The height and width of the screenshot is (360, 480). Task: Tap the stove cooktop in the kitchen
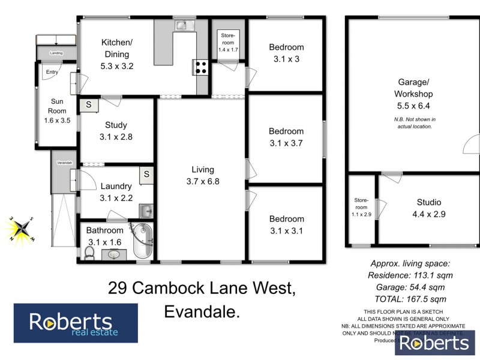click(200, 67)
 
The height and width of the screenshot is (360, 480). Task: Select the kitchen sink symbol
click(182, 26)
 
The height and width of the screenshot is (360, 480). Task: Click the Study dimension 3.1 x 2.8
click(116, 136)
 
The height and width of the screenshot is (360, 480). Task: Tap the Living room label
click(199, 170)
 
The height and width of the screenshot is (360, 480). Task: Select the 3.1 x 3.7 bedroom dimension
click(286, 143)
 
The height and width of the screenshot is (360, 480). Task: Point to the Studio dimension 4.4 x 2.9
click(428, 214)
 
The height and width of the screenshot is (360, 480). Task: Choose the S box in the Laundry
click(146, 175)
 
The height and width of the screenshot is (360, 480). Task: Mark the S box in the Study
click(89, 105)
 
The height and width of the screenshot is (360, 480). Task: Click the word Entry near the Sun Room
click(51, 73)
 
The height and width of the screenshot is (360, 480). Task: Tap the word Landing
click(56, 53)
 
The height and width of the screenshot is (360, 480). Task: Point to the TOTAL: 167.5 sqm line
click(410, 299)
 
